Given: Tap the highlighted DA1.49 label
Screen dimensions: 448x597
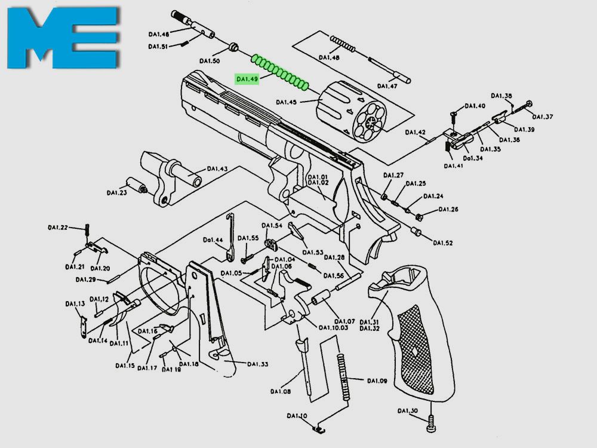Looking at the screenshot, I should pos(247,79).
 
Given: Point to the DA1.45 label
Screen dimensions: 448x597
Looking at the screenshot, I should pos(287,103).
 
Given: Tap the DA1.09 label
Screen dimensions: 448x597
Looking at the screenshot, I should pos(377,381).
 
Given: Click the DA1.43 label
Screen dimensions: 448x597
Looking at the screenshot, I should pos(218,169).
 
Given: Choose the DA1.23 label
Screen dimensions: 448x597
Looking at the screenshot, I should pos(117,192).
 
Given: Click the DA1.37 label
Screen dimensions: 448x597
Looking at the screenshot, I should pos(543,116).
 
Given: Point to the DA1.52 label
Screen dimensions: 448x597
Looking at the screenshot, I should pos(444,243).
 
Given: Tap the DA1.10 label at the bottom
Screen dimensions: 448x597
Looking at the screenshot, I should pos(297,416).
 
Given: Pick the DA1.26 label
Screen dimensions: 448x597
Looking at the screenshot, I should pos(448,210).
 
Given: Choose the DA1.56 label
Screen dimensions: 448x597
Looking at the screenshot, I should pos(334,275).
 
